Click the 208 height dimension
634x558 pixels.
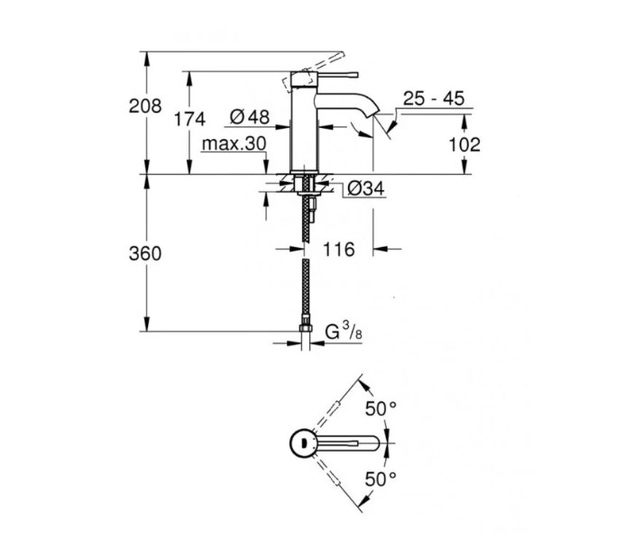pyautogui.click(x=145, y=105)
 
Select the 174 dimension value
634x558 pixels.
pyautogui.click(x=189, y=119)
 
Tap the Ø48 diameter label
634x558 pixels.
pyautogui.click(x=250, y=117)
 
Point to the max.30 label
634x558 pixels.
pyautogui.click(x=234, y=144)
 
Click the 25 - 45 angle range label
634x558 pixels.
pyautogui.click(x=434, y=98)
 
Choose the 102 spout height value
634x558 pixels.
pyautogui.click(x=464, y=144)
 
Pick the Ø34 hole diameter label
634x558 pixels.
pyautogui.click(x=366, y=188)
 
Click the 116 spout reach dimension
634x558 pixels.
pyautogui.click(x=339, y=250)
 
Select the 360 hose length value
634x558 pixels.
pyautogui.click(x=145, y=253)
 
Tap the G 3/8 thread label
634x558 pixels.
pyautogui.click(x=345, y=332)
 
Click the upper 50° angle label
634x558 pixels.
pyautogui.click(x=381, y=408)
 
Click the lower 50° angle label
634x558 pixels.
pyautogui.click(x=381, y=480)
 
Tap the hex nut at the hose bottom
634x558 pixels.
pyautogui.click(x=306, y=328)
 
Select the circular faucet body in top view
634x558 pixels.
pyautogui.click(x=302, y=443)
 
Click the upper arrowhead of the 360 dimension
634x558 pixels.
pyautogui.click(x=147, y=182)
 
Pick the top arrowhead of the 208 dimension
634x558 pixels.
pyautogui.click(x=147, y=59)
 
